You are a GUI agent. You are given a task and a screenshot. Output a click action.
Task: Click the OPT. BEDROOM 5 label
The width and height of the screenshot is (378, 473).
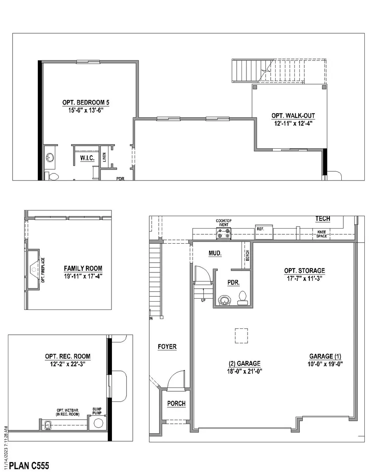tap(86, 103)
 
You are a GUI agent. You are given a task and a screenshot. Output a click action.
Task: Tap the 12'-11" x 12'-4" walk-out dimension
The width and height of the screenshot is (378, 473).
tap(293, 123)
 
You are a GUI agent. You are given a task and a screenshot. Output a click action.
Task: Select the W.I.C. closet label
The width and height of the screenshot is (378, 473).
tap(87, 158)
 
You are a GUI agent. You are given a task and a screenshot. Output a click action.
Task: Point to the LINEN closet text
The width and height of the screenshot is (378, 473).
tap(104, 157)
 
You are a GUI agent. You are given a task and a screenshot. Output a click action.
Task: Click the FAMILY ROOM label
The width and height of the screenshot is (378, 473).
tap(83, 269)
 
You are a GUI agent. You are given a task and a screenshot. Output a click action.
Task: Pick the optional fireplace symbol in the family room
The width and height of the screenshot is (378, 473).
tap(34, 269)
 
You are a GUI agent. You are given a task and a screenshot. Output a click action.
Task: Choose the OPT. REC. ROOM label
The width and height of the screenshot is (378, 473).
tap(68, 356)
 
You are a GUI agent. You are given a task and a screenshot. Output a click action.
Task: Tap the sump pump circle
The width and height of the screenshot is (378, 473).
tap(98, 423)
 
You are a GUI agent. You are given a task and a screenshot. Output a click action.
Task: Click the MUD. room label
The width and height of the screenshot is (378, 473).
tap(215, 254)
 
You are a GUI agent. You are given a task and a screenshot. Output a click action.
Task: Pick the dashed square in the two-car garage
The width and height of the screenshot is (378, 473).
tap(241, 335)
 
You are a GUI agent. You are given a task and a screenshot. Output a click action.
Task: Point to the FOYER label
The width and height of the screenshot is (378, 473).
tap(167, 347)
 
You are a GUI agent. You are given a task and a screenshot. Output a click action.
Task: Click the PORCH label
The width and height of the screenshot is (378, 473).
tap(176, 404)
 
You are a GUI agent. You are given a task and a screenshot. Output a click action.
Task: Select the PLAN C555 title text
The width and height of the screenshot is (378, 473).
tap(29, 465)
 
